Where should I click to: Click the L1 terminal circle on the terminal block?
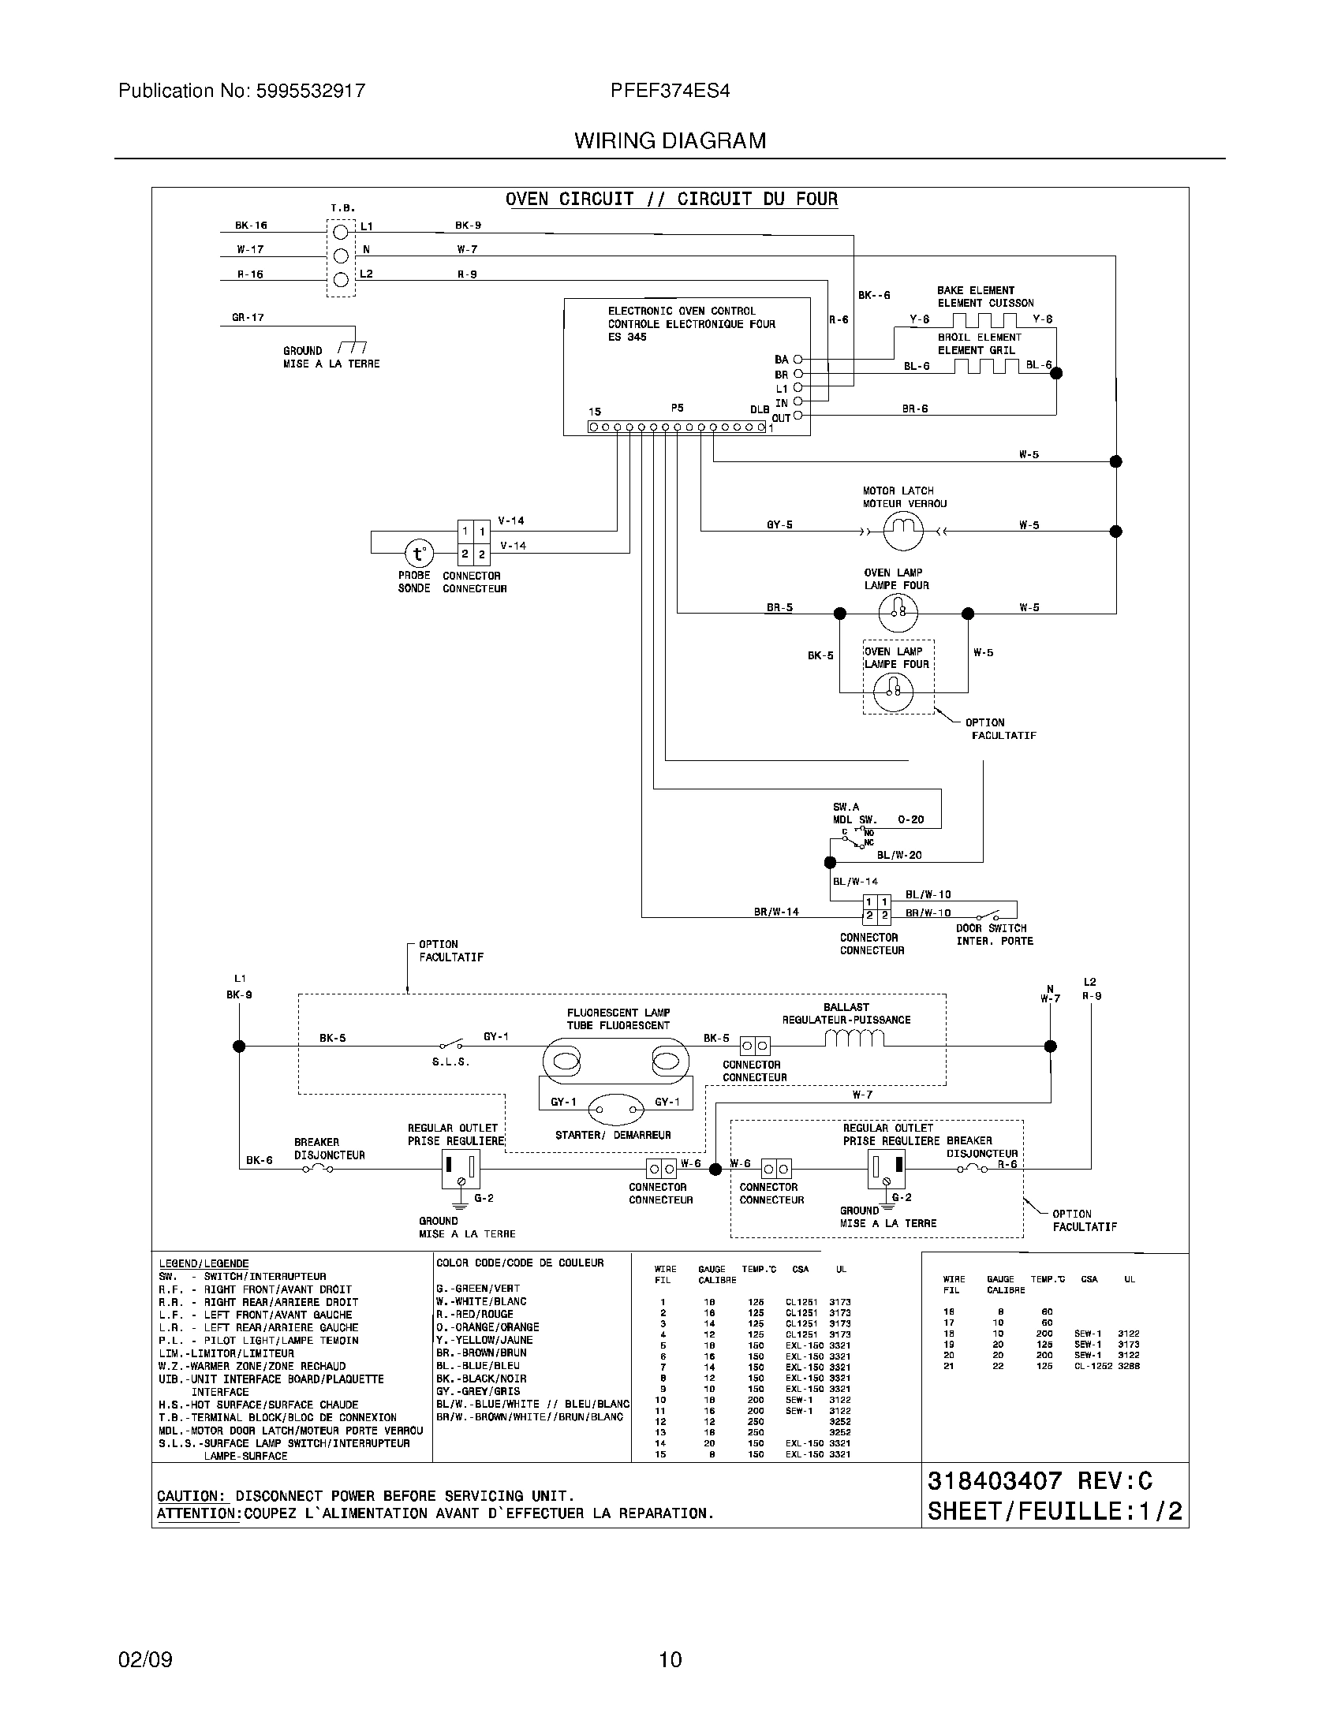click(x=340, y=231)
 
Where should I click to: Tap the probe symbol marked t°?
click(x=419, y=554)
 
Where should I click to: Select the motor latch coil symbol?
click(x=903, y=531)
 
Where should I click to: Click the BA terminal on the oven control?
click(x=798, y=360)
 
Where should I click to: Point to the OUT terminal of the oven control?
click(x=798, y=416)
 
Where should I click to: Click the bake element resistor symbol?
click(x=984, y=320)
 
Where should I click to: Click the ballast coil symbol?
click(x=854, y=1038)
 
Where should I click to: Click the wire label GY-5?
click(x=779, y=525)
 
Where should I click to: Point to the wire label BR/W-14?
click(x=776, y=912)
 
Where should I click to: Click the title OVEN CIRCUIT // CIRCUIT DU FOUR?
click(x=671, y=199)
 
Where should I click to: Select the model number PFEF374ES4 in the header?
click(x=670, y=91)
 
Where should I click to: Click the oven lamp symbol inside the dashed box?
click(x=893, y=692)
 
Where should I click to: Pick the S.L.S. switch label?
click(x=450, y=1062)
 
